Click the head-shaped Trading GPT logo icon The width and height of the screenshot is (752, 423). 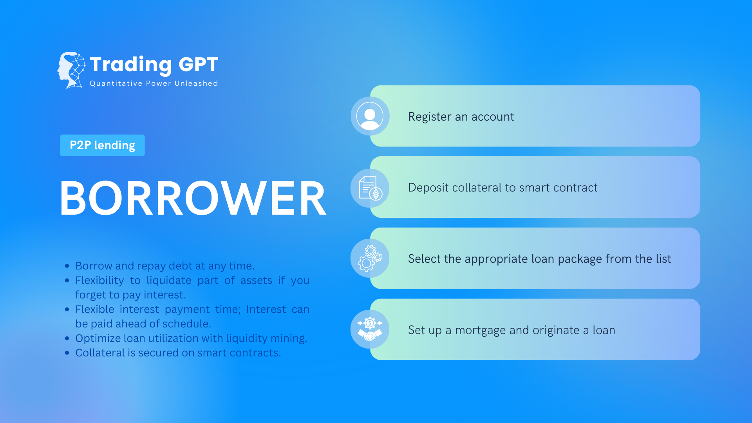71,70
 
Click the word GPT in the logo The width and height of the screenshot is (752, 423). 198,64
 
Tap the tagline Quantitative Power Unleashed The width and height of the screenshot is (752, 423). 154,83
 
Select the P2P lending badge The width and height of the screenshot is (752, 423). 102,145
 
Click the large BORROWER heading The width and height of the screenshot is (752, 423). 193,198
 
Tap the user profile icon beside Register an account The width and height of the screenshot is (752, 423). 370,116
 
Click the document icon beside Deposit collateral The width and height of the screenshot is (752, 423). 370,188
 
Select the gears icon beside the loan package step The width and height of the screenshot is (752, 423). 370,258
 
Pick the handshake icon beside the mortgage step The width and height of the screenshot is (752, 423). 370,329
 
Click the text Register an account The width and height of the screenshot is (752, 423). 461,117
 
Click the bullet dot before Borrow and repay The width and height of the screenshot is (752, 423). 67,266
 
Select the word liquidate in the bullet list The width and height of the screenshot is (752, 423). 169,280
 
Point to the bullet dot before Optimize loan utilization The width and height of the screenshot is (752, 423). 67,338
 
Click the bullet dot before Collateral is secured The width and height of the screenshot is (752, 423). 67,353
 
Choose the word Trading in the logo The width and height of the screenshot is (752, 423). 131,65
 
